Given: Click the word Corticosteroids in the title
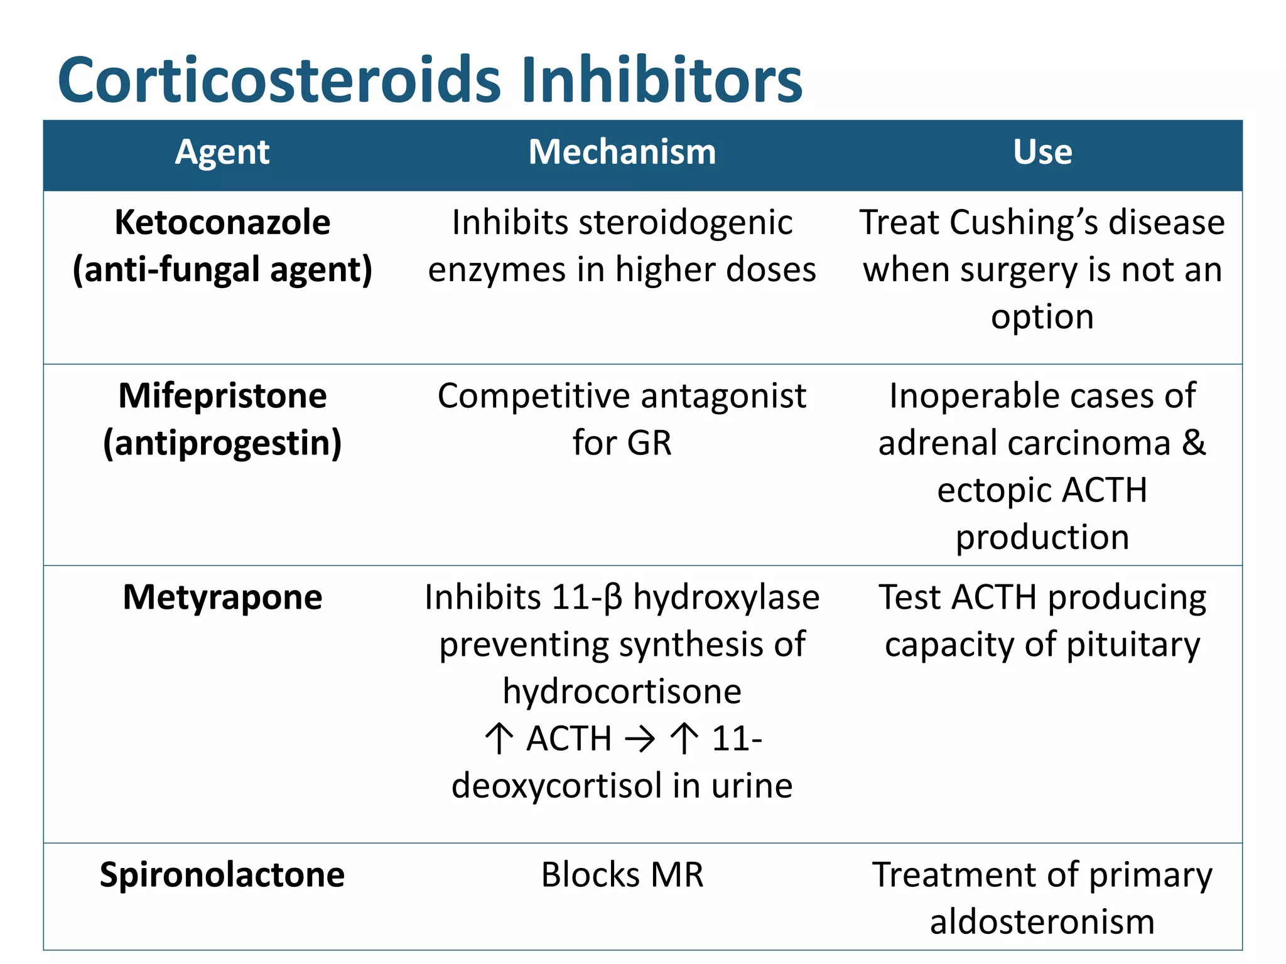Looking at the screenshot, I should click(279, 80).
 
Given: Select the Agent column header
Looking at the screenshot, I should click(222, 153).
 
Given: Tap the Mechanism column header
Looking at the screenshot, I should click(622, 153).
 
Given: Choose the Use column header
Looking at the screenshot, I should click(1042, 153).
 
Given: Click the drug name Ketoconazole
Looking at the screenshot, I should click(222, 223).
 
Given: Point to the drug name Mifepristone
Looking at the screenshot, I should click(222, 397).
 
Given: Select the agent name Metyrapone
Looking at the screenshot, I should click(222, 597).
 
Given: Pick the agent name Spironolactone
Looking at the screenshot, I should click(222, 875).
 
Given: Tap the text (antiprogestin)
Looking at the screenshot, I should click(222, 444).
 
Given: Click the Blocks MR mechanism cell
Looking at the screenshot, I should click(622, 875).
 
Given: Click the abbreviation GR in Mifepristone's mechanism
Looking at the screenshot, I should click(649, 444).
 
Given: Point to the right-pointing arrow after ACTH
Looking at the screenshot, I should click(640, 739).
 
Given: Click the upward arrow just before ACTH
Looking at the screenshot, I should click(500, 738).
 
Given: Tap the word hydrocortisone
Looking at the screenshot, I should click(622, 692).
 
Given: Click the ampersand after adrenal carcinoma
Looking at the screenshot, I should click(1194, 443).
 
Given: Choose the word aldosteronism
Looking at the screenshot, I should click(1042, 922).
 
